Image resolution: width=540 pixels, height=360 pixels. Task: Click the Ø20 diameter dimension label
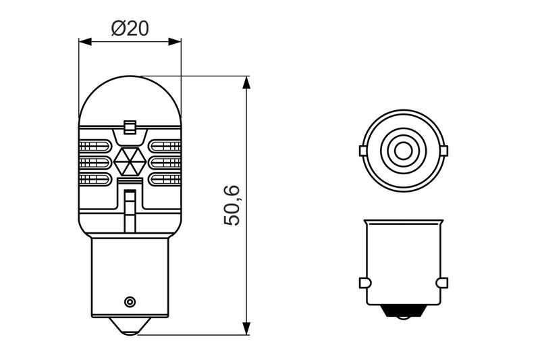(x=130, y=28)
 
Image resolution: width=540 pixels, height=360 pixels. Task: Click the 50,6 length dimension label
(x=232, y=205)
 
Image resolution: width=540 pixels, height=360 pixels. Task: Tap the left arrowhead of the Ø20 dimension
(x=85, y=42)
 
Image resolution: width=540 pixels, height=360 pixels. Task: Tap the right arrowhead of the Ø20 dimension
(x=175, y=42)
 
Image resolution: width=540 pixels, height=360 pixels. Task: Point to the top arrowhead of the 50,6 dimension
(x=246, y=82)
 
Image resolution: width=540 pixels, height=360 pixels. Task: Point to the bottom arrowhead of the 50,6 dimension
(x=246, y=328)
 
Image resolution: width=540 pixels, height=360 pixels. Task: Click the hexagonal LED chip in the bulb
(x=130, y=161)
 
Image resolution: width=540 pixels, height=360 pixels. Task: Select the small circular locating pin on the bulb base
(x=130, y=302)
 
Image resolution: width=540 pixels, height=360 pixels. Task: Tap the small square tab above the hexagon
(x=130, y=127)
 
